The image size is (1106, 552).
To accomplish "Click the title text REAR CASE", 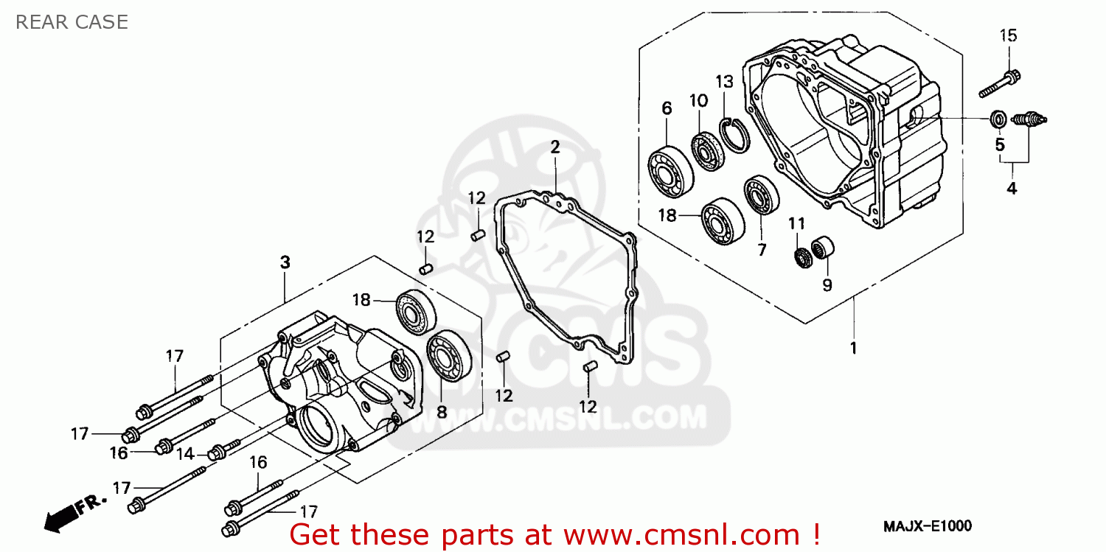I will coord(72,22).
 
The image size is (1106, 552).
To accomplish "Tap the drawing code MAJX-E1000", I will coord(927,525).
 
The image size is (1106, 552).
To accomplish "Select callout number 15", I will coord(1008,35).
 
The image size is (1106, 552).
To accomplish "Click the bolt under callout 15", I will coord(1000,83).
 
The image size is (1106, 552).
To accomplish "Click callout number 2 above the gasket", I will coord(554,147).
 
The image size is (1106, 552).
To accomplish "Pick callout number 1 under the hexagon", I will coord(854,348).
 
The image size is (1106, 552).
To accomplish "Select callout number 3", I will coord(285,262).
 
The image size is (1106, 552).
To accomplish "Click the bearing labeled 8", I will coord(445,357).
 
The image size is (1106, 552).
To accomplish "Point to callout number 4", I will coord(1012,189).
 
